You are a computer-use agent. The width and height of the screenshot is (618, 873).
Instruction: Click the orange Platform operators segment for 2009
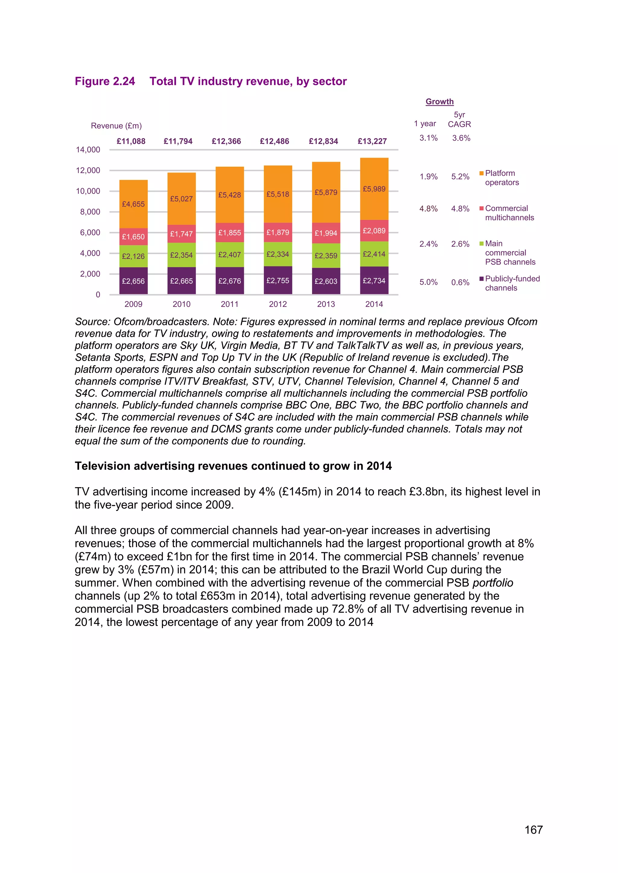pos(133,204)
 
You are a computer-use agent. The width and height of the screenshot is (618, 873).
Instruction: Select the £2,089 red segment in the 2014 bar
pos(374,231)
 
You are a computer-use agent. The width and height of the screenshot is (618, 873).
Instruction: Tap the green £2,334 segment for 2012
pos(278,254)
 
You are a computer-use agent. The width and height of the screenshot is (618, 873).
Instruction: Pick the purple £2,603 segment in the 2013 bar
pos(326,281)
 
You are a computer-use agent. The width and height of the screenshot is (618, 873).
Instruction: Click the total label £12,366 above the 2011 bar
pos(226,141)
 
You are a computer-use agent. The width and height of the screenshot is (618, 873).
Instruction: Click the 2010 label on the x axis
pos(182,304)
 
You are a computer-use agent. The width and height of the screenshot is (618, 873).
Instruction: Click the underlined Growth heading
pos(440,102)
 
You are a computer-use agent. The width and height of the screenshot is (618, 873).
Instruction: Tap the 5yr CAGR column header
pos(459,119)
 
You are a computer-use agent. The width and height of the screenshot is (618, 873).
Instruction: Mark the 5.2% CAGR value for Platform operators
pos(460,177)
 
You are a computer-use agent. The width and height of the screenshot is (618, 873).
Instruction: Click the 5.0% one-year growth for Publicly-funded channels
pos(428,282)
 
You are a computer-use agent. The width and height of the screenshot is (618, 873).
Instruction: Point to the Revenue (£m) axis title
pos(116,126)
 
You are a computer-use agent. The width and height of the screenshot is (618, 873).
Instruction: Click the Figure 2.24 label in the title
pos(105,81)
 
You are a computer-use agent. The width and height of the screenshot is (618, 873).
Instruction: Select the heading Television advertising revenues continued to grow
pos(233,466)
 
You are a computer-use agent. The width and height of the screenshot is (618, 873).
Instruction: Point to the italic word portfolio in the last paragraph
pos(493,583)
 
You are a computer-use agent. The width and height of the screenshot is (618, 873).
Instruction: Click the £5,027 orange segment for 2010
pos(182,199)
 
